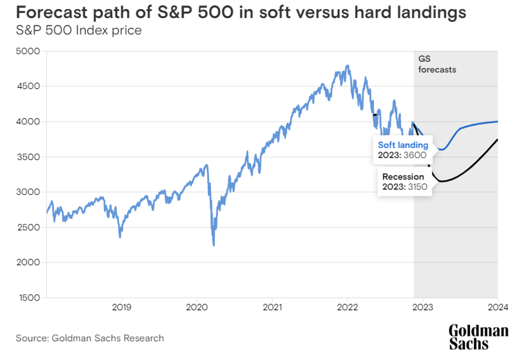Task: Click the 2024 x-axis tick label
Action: coord(498,306)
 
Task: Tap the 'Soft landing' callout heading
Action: coord(403,145)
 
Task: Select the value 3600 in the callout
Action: coord(415,155)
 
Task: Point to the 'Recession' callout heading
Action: coord(403,176)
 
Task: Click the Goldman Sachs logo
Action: coord(478,337)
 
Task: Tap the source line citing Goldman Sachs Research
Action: coord(90,338)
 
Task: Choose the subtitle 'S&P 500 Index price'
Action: coord(79,31)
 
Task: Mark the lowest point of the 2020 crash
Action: coord(214,245)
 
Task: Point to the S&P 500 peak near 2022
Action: coord(347,66)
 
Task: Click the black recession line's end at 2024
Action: coord(498,140)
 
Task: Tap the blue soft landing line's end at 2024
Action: coord(498,121)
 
